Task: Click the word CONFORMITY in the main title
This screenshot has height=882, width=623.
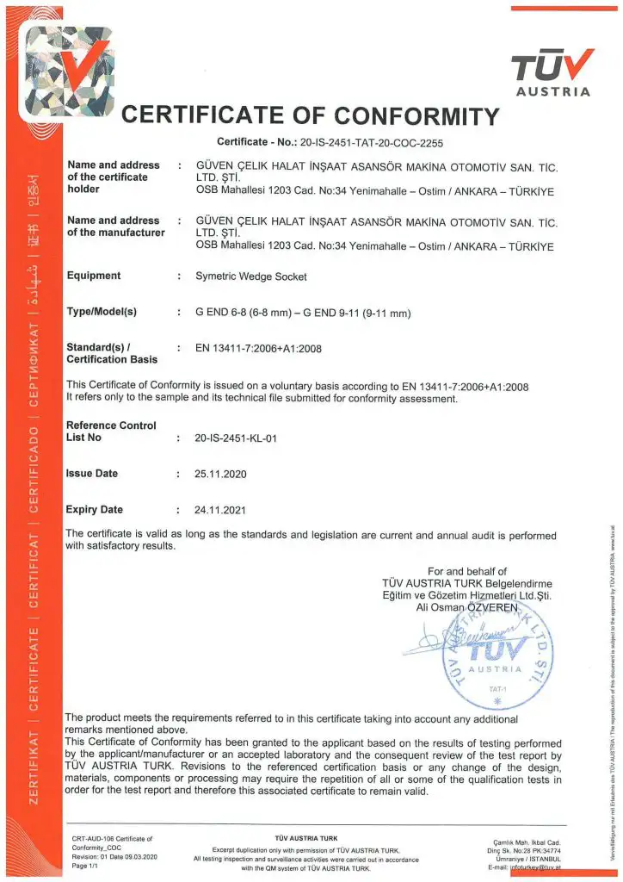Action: [x=416, y=115]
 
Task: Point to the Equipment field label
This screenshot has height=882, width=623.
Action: [x=94, y=276]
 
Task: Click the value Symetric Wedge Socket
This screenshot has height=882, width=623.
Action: [x=250, y=276]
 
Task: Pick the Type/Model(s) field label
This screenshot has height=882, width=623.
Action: [x=102, y=311]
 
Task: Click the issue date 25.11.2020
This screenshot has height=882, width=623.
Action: [x=221, y=474]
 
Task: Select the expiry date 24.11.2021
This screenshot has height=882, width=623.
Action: [x=221, y=510]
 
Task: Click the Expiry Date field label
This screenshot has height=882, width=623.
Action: [x=95, y=509]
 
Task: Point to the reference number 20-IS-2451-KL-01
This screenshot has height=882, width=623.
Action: [x=237, y=438]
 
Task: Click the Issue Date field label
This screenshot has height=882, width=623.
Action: [x=92, y=473]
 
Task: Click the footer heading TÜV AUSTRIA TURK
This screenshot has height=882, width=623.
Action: [x=305, y=837]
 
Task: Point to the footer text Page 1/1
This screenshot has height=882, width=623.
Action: [x=86, y=866]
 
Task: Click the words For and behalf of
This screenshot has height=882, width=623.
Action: [x=467, y=571]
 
